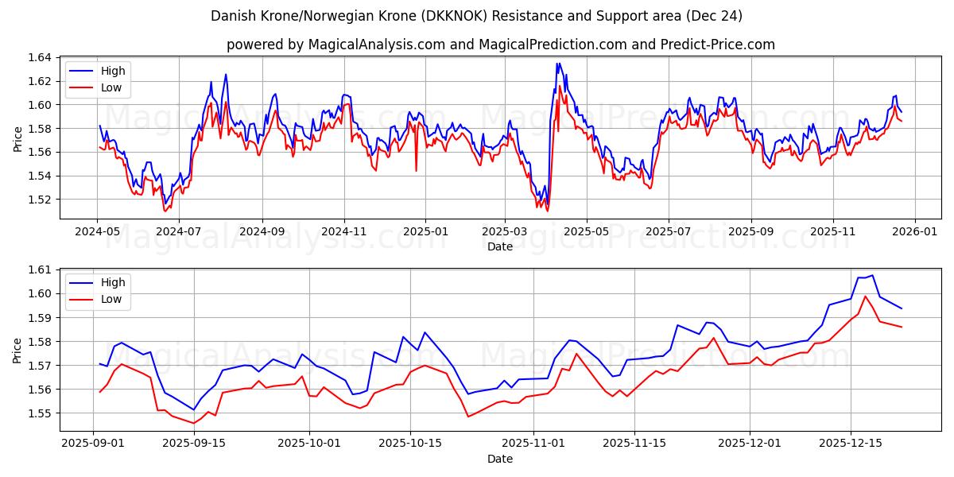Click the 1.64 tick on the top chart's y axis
(x=40, y=57)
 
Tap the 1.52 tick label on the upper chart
(x=40, y=200)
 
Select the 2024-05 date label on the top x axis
(x=97, y=231)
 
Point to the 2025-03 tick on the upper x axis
(x=504, y=231)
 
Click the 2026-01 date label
(x=914, y=231)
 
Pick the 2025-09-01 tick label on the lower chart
(x=94, y=443)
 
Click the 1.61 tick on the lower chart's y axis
(x=40, y=270)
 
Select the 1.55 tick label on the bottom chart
(x=40, y=413)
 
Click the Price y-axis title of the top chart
(x=17, y=138)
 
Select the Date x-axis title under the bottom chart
(x=500, y=459)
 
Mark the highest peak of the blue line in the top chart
(x=557, y=64)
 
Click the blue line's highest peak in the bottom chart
(x=872, y=275)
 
